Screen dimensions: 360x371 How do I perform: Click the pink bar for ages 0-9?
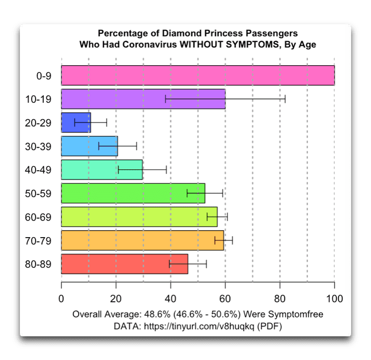(198, 75)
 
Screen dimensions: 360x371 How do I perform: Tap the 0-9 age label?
(44, 76)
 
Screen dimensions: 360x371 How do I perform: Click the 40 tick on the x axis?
(170, 299)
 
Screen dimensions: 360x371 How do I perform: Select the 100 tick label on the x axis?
(334, 299)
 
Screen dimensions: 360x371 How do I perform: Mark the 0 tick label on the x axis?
(61, 299)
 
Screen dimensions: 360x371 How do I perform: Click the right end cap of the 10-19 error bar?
(285, 99)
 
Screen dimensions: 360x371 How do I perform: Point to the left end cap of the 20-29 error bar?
(75, 122)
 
